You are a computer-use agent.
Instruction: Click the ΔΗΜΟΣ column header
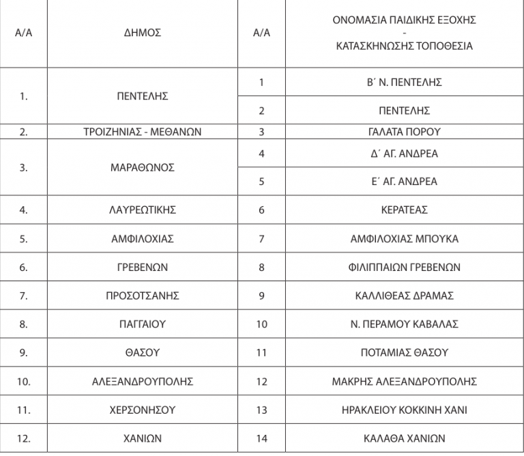point(143,33)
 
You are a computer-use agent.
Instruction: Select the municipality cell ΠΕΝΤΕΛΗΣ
point(143,96)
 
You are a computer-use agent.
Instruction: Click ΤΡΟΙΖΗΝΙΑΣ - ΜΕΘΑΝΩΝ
point(143,132)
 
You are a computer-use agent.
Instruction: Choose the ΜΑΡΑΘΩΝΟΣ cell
point(143,167)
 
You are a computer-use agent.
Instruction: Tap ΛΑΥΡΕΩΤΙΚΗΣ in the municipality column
point(143,210)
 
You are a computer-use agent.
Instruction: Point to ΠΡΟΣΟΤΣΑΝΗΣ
point(143,296)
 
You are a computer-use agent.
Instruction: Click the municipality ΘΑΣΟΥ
point(143,352)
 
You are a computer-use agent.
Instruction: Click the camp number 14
point(262,438)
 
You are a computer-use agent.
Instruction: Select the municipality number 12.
point(24,438)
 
